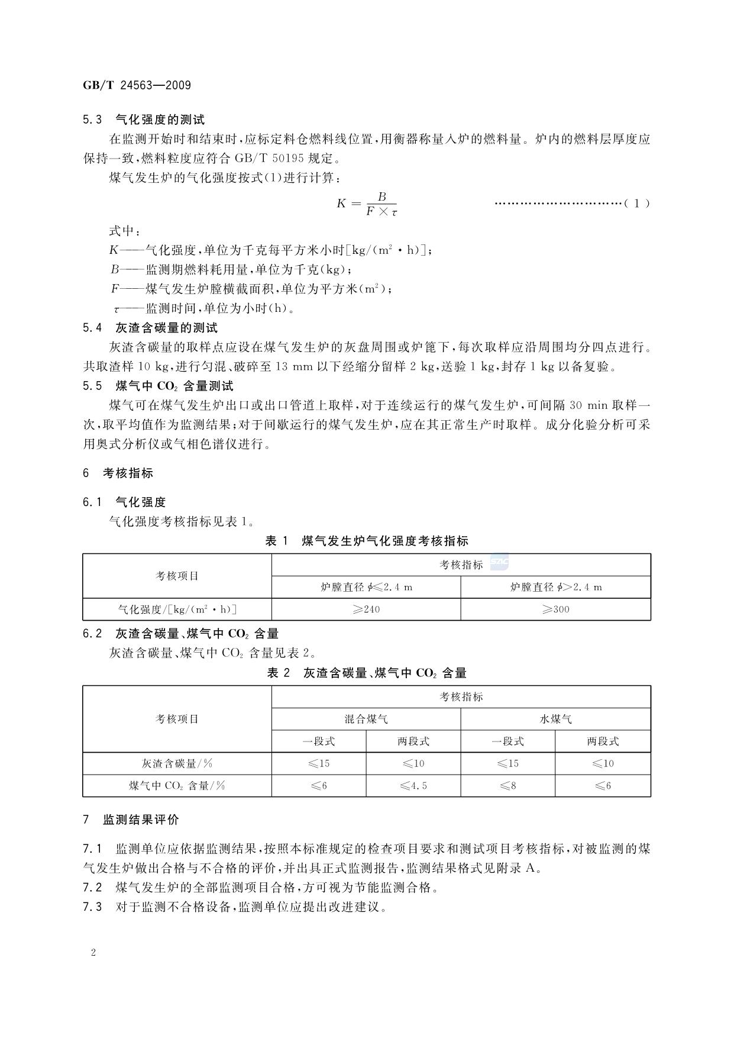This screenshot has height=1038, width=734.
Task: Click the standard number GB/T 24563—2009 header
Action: [137, 85]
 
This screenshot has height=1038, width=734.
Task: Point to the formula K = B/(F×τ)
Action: [367, 204]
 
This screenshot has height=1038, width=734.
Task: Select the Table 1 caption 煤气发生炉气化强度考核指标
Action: [367, 541]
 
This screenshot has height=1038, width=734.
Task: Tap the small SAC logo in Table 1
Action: [499, 564]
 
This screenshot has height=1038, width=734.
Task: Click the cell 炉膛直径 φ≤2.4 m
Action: [366, 587]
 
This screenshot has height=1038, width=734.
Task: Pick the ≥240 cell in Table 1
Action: [366, 610]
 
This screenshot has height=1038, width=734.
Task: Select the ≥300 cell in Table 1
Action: [555, 610]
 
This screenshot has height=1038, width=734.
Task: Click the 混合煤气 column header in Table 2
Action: [366, 719]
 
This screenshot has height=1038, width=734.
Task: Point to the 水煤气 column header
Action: [555, 719]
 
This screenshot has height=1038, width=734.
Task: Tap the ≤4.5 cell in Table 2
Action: [413, 786]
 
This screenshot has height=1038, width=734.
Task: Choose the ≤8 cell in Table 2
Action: [508, 786]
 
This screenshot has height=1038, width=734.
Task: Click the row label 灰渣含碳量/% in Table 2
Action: [177, 763]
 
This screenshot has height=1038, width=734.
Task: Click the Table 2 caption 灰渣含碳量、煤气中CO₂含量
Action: [367, 673]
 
